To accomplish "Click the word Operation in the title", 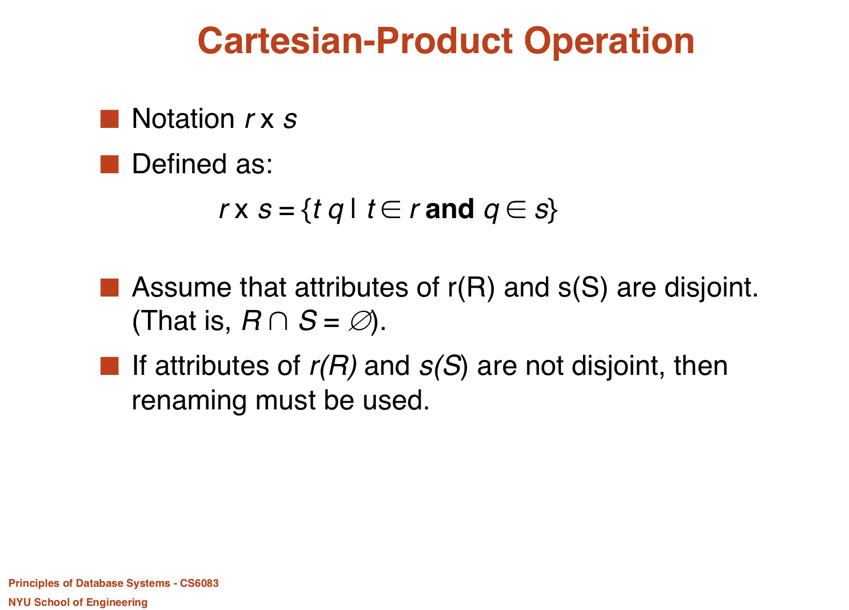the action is coord(609,42).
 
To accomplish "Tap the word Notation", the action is coord(184,119).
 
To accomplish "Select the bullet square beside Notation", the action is coord(109,119).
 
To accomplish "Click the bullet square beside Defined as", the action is coord(109,164).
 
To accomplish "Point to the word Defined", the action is coord(179,164).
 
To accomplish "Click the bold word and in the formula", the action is coord(450,209).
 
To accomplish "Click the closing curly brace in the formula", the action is coord(553,210).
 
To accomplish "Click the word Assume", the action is coord(181,287).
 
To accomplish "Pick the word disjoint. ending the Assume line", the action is coord(711,288).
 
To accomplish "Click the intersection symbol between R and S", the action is coord(278,321).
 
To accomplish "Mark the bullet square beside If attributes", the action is coord(109,366).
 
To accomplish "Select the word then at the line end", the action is coord(701,366).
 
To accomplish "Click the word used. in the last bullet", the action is coord(396,400).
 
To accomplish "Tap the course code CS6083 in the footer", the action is coord(199,583).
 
